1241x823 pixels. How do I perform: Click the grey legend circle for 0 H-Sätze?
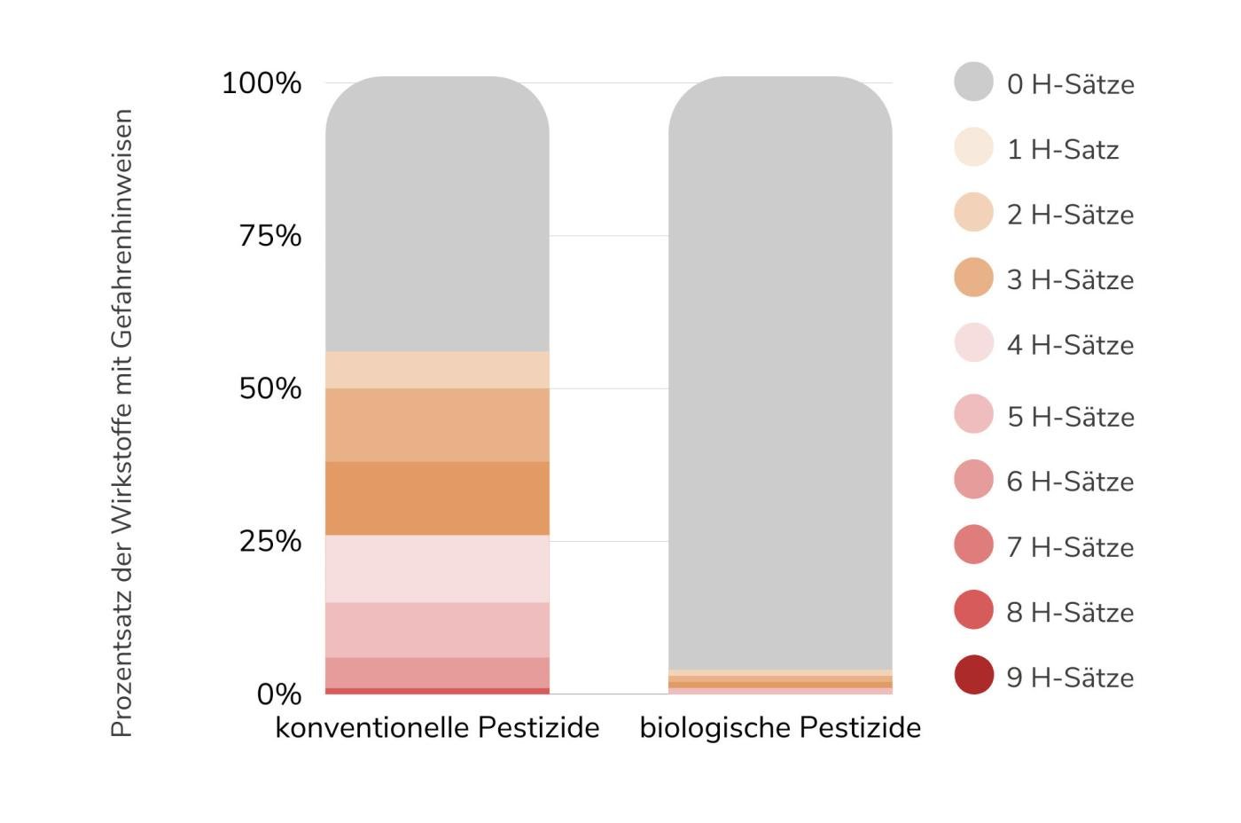point(973,82)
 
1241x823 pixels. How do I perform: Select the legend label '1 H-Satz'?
point(1062,149)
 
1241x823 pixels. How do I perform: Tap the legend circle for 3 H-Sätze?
point(973,278)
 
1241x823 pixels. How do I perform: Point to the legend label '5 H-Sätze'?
point(1070,416)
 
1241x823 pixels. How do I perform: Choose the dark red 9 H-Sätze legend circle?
point(973,675)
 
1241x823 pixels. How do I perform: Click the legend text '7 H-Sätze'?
point(1070,546)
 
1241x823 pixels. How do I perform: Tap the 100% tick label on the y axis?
point(261,83)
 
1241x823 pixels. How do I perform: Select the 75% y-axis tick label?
point(269,236)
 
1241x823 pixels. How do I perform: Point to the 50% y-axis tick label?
point(269,388)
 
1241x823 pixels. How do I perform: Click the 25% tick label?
point(269,541)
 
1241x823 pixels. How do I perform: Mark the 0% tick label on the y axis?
point(278,694)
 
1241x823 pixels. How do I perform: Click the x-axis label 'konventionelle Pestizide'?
point(437,728)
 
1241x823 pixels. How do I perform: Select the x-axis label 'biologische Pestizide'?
point(780,728)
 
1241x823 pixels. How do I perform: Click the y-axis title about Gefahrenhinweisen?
point(121,423)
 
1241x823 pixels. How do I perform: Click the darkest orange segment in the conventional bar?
point(437,498)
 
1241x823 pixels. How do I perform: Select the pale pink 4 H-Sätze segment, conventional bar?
point(437,568)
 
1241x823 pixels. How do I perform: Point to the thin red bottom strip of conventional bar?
point(437,691)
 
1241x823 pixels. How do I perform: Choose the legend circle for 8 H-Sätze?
point(973,610)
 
